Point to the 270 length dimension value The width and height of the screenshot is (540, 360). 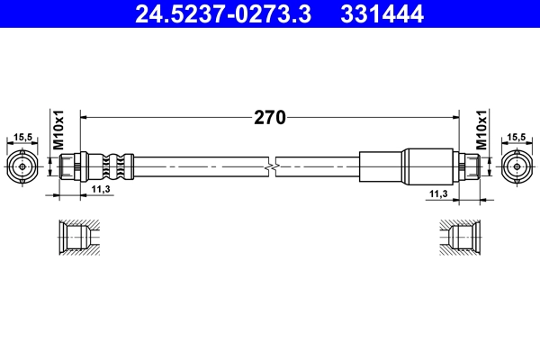[269, 117]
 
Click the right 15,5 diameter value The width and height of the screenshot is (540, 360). [516, 137]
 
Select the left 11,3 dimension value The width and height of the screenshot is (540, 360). [101, 190]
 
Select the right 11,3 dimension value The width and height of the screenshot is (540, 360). [438, 193]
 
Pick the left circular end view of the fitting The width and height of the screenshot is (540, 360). [23, 166]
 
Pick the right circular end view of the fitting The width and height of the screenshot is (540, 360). [516, 166]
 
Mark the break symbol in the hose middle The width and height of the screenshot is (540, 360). [270, 167]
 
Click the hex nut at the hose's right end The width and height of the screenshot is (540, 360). [469, 167]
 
